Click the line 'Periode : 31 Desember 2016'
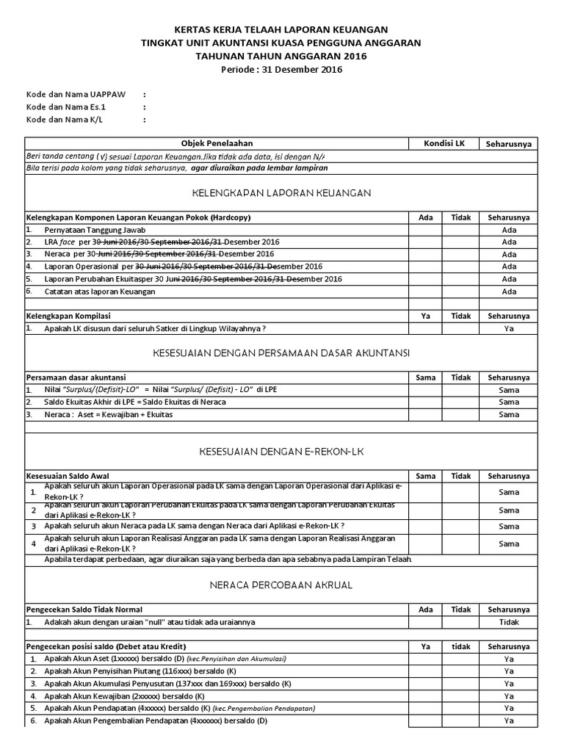pyautogui.click(x=281, y=70)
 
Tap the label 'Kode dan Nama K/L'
pyautogui.click(x=59, y=120)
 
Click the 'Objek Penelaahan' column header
pyautogui.click(x=217, y=143)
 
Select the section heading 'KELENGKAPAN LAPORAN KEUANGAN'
pyautogui.click(x=281, y=193)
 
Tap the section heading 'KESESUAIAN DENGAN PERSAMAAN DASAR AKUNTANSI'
pyautogui.click(x=281, y=353)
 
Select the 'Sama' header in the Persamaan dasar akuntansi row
pyautogui.click(x=426, y=377)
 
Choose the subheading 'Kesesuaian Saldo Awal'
pyautogui.click(x=68, y=476)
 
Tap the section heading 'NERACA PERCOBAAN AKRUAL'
pyautogui.click(x=281, y=585)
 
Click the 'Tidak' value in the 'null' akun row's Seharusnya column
pyautogui.click(x=509, y=622)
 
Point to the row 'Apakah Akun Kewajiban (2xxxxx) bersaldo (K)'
pyautogui.click(x=123, y=695)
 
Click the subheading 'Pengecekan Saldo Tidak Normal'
pyautogui.click(x=84, y=610)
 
